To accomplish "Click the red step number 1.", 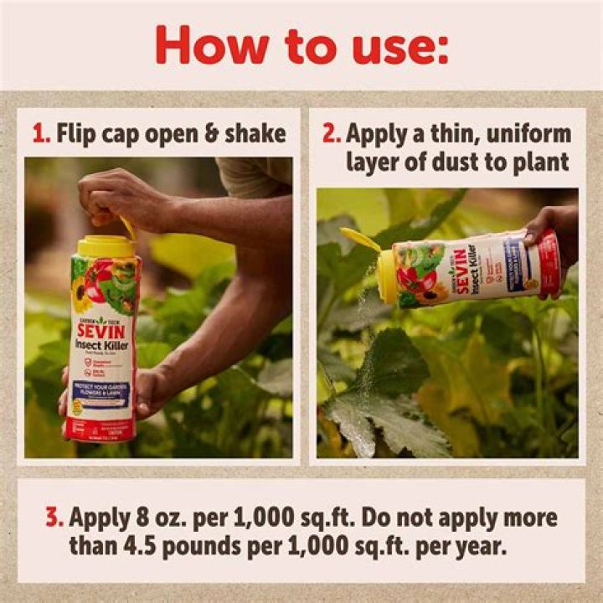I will [38, 133].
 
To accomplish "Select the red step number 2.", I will [331, 134].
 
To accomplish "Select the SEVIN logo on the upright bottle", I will [100, 330].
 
